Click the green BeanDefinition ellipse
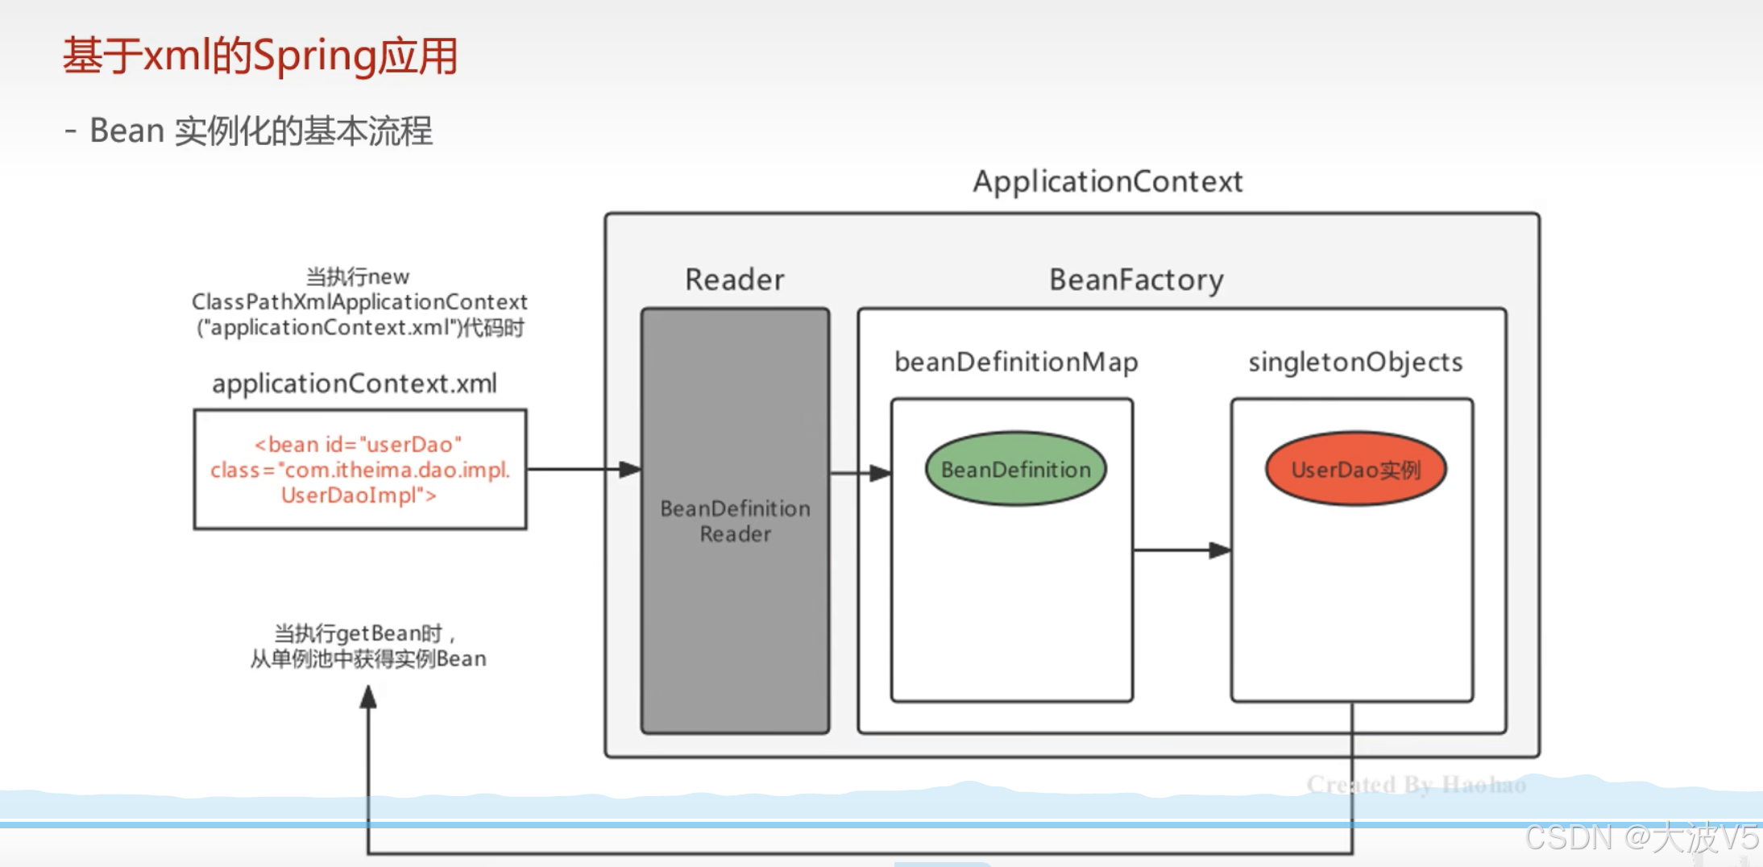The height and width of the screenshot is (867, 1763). coord(1016,469)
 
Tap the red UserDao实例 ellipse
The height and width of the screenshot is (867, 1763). coord(1356,469)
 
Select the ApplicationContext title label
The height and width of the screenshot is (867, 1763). coord(1108,182)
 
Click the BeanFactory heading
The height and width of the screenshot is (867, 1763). coord(1136,280)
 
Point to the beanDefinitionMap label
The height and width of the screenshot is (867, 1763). coord(1016,363)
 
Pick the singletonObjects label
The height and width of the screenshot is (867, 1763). coord(1355,363)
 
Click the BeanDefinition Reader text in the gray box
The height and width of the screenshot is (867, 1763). coord(735,521)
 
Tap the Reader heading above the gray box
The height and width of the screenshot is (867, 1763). coord(735,280)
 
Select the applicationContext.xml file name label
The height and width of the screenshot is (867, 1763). coord(355,384)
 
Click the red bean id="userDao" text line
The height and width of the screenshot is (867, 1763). coord(359,445)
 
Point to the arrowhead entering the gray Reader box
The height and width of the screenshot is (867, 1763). coord(630,469)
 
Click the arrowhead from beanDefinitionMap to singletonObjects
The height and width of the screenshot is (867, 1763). coord(1220,550)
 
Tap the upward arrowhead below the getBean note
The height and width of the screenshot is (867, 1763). coord(368,697)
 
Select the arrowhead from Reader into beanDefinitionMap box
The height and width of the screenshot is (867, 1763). coord(881,473)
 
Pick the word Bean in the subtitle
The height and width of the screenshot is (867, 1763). coord(127,131)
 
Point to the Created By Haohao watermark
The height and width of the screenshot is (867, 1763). coord(1417,784)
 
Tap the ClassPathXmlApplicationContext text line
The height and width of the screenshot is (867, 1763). coord(359,302)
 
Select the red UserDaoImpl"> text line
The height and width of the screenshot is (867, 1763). coord(359,496)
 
